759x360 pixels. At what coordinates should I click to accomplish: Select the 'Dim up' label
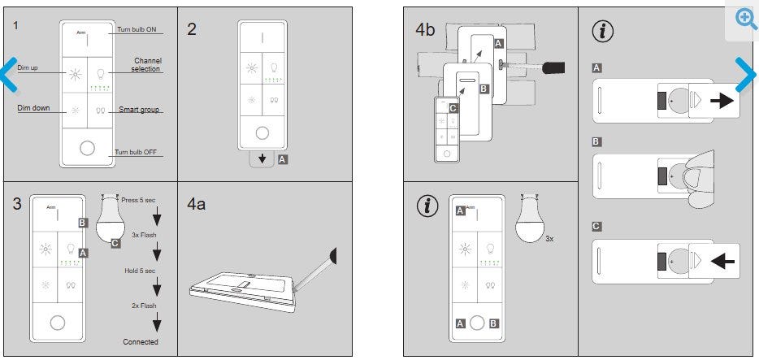28,67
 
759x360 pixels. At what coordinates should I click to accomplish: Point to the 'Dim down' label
32,107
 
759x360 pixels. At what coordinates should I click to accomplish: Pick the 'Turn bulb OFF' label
137,153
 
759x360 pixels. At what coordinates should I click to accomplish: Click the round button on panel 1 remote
87,150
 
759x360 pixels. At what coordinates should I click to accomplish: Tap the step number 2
192,29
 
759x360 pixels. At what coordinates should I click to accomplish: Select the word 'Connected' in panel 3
141,341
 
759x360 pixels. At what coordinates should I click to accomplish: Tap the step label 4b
426,29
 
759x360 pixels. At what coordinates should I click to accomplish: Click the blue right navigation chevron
746,75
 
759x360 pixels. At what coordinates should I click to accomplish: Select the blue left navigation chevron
10,75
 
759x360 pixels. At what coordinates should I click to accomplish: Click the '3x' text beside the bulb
549,239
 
